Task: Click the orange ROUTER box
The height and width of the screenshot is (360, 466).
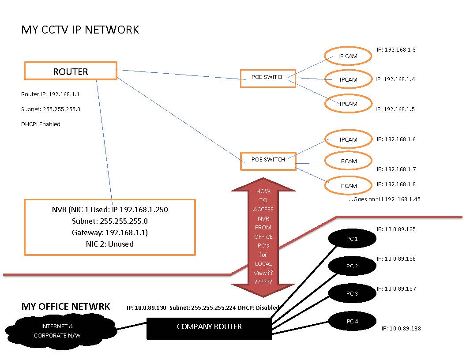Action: (x=71, y=71)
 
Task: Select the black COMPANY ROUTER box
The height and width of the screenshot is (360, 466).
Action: (x=209, y=327)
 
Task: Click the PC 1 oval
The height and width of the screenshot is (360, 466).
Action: (x=352, y=239)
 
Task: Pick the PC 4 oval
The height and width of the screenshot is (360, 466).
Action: (x=352, y=321)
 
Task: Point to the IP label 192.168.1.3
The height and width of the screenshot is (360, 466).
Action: (x=396, y=50)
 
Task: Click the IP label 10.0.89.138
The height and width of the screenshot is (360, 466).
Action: (x=401, y=329)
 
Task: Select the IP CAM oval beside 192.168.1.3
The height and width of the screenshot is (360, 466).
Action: (x=348, y=56)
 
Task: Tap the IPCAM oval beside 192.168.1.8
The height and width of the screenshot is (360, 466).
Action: (x=348, y=186)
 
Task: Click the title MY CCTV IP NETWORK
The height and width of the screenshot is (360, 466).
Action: (x=80, y=30)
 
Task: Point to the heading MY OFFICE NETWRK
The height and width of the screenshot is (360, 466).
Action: (x=66, y=307)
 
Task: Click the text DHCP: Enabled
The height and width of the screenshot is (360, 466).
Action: (x=41, y=124)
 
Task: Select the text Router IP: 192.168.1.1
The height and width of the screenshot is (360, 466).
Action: (x=50, y=94)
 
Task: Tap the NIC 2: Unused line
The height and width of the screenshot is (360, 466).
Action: (x=109, y=244)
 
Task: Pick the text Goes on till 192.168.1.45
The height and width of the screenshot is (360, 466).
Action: (x=385, y=199)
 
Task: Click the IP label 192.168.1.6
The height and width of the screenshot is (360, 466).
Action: (x=396, y=139)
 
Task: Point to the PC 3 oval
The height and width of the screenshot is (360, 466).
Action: (x=352, y=294)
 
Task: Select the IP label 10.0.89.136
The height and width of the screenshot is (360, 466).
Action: (x=396, y=259)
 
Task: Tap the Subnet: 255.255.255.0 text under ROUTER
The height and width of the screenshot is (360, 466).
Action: (x=51, y=109)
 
